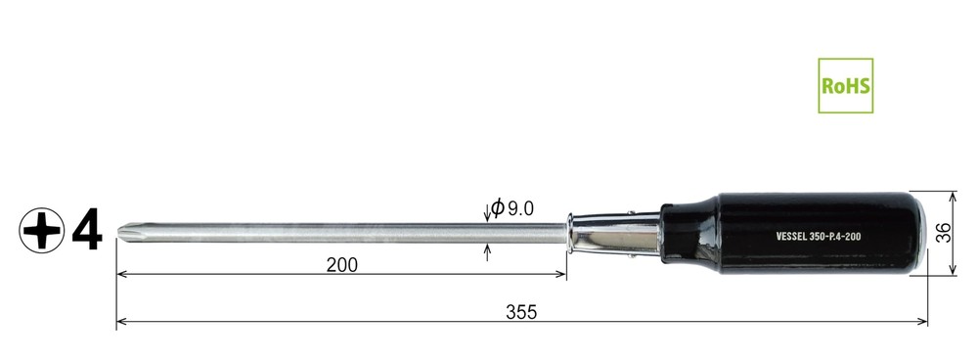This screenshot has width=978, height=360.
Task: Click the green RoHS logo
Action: [x=845, y=85]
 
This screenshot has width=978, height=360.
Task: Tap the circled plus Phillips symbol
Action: [x=41, y=231]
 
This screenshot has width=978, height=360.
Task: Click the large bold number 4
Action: [x=87, y=231]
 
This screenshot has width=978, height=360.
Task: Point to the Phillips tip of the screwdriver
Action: [x=125, y=233]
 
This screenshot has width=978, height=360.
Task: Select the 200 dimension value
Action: [x=341, y=265]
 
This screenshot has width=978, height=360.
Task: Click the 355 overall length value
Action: [x=521, y=312]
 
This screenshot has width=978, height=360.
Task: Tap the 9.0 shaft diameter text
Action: [x=520, y=208]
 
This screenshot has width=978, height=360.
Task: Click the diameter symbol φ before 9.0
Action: [x=497, y=207]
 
